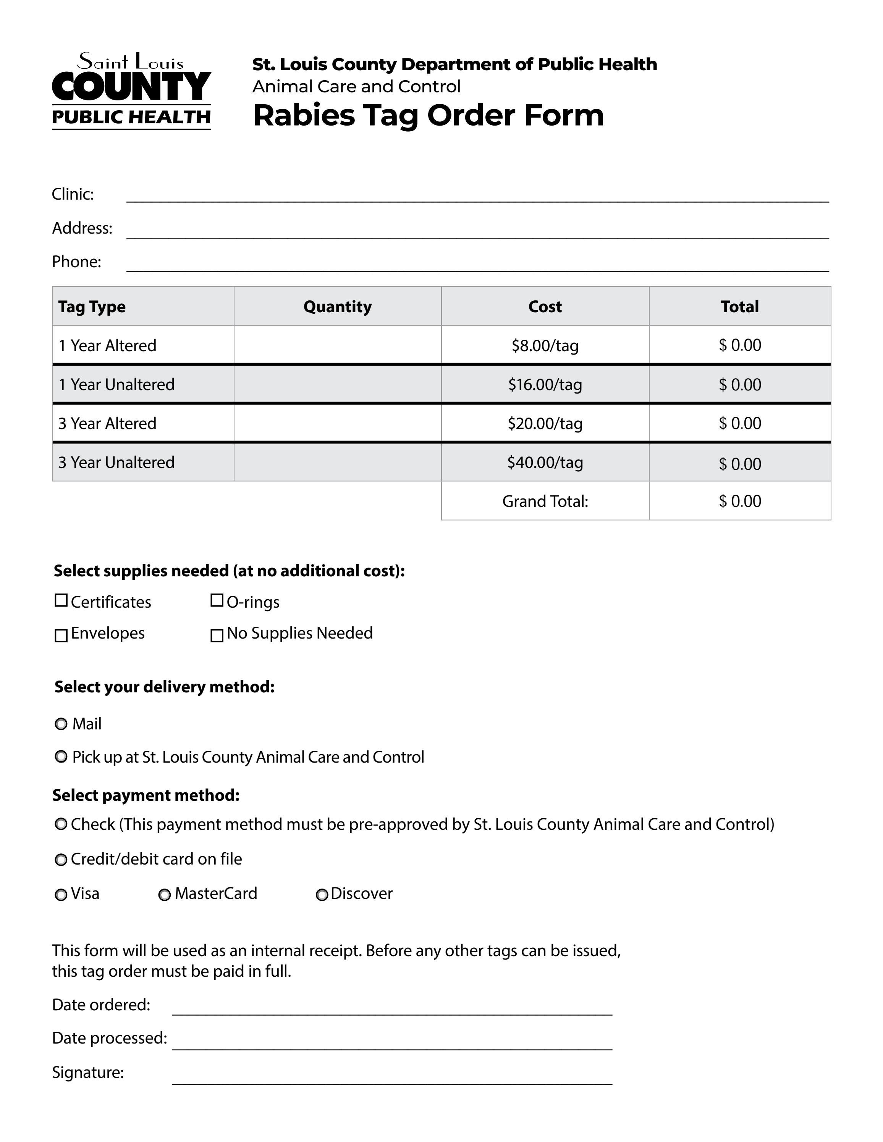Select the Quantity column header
click(337, 306)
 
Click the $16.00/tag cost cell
click(545, 384)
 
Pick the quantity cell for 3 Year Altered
click(337, 423)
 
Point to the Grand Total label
click(545, 501)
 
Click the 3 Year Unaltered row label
click(116, 462)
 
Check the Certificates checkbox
click(61, 600)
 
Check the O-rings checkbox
click(217, 600)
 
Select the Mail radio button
click(61, 724)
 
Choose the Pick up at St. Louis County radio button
click(61, 756)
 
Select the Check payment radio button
click(61, 824)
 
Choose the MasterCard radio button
click(164, 895)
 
